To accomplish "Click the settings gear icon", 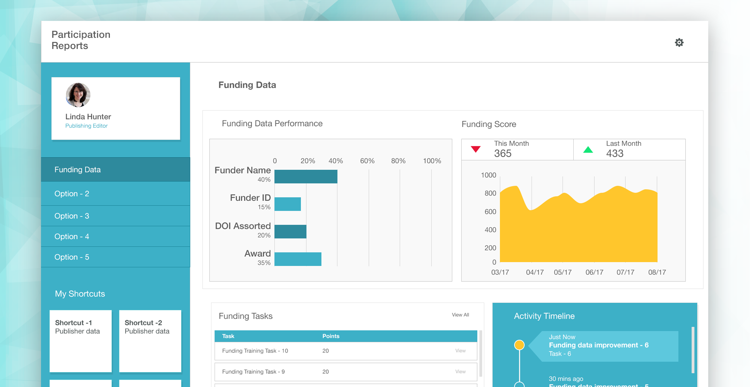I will [x=679, y=43].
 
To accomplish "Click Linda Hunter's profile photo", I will [x=78, y=95].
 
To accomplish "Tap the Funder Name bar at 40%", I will [x=306, y=176].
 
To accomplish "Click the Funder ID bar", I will [x=288, y=204].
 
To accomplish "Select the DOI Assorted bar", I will [x=290, y=231].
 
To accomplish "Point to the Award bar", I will [x=298, y=259].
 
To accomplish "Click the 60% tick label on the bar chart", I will [x=367, y=161].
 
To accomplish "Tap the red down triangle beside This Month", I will [x=476, y=149].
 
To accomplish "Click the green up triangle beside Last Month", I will [x=588, y=149].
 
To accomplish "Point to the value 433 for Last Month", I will [x=615, y=154].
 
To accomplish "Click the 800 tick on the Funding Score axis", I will [x=490, y=193].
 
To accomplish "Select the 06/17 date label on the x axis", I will [x=594, y=272].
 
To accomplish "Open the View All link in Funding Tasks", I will [x=460, y=315].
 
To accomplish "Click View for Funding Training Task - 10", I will [x=460, y=351].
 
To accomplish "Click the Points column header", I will [x=331, y=336].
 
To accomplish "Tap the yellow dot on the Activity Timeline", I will [x=519, y=345].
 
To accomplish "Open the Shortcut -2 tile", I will [x=150, y=341].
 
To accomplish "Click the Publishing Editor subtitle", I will [x=86, y=126].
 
